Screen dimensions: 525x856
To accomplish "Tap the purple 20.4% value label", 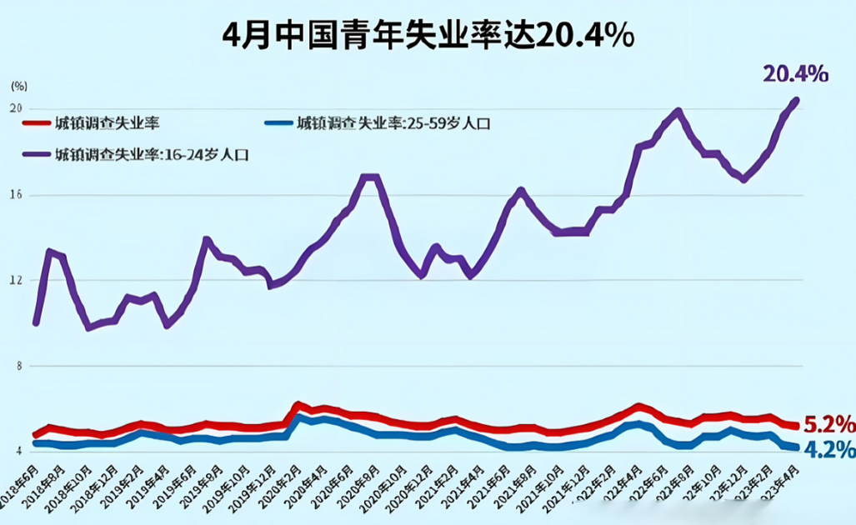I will point(795,74).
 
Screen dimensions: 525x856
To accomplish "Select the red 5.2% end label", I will point(828,422).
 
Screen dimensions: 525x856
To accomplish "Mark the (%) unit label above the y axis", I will point(18,86).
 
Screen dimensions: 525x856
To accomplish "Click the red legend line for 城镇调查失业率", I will point(36,123).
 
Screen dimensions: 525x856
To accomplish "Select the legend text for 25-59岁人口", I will point(393,124).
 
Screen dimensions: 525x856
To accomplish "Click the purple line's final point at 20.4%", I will point(794,101).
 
